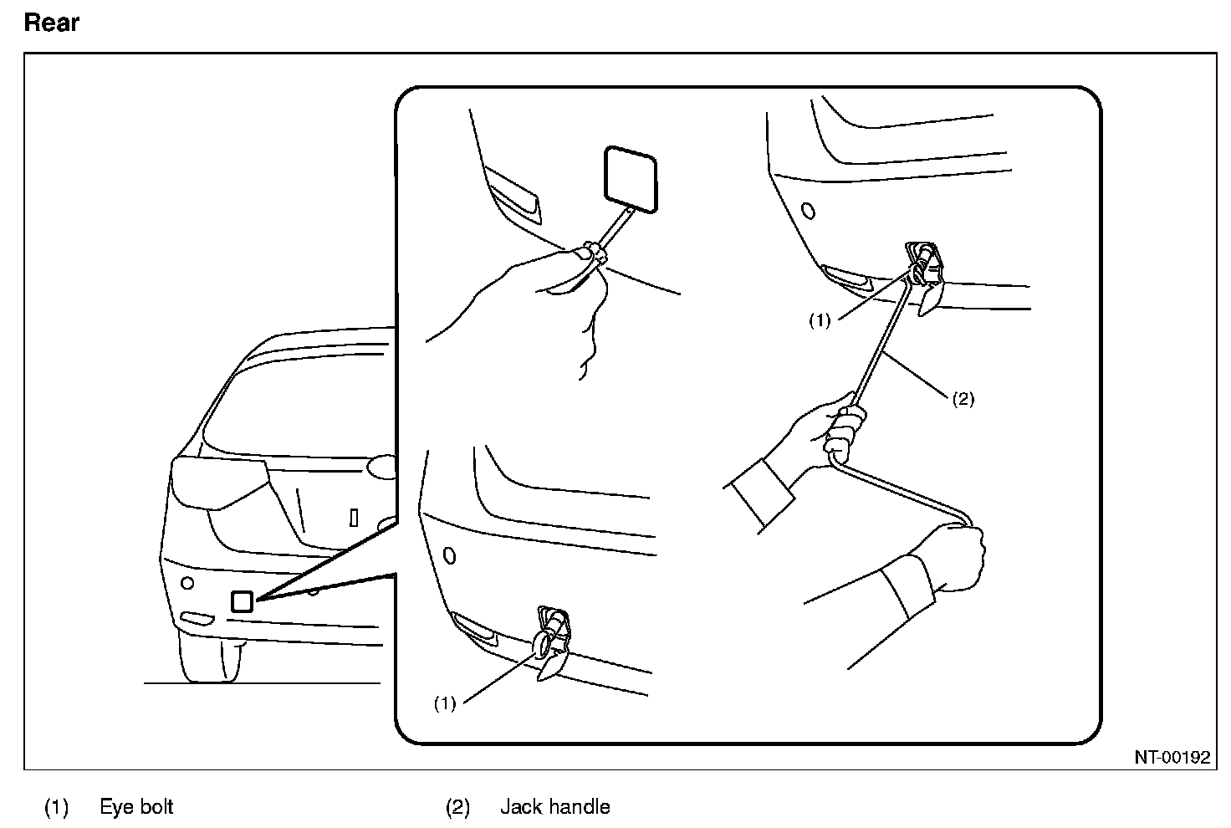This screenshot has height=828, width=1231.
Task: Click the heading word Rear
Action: click(x=51, y=23)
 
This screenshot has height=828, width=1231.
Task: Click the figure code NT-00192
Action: click(x=1172, y=758)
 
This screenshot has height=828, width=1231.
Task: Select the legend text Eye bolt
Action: click(x=136, y=807)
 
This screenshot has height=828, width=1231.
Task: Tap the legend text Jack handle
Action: click(x=554, y=807)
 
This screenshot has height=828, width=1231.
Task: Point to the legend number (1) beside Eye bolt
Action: click(x=56, y=807)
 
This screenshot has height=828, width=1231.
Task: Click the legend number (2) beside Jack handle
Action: click(x=457, y=807)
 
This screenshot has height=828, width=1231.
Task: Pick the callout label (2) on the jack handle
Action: click(x=963, y=399)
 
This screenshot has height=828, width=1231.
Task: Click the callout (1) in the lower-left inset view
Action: click(x=444, y=703)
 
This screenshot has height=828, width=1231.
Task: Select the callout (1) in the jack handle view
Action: click(x=820, y=320)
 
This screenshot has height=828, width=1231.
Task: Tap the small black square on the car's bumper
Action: click(x=242, y=601)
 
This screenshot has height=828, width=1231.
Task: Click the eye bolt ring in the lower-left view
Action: click(x=543, y=643)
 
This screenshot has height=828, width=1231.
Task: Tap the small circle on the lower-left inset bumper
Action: click(x=448, y=555)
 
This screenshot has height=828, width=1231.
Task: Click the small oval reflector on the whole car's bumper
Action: click(x=197, y=619)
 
